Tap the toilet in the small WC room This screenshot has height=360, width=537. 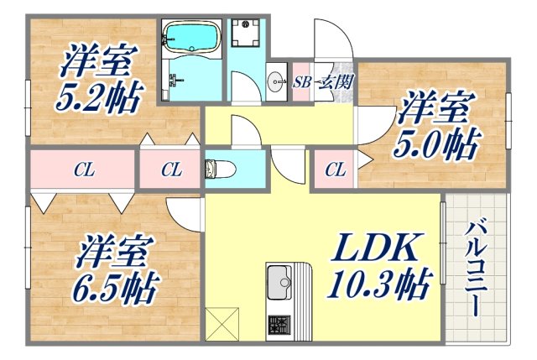[220, 169]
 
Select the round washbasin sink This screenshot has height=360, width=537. [277, 81]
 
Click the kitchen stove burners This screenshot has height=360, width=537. [279, 325]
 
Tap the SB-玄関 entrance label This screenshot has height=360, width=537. [323, 81]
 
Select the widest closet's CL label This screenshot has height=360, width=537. [83, 170]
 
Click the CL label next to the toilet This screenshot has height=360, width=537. [171, 170]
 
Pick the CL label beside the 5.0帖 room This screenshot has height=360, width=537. [334, 171]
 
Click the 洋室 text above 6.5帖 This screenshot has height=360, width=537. [117, 250]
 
